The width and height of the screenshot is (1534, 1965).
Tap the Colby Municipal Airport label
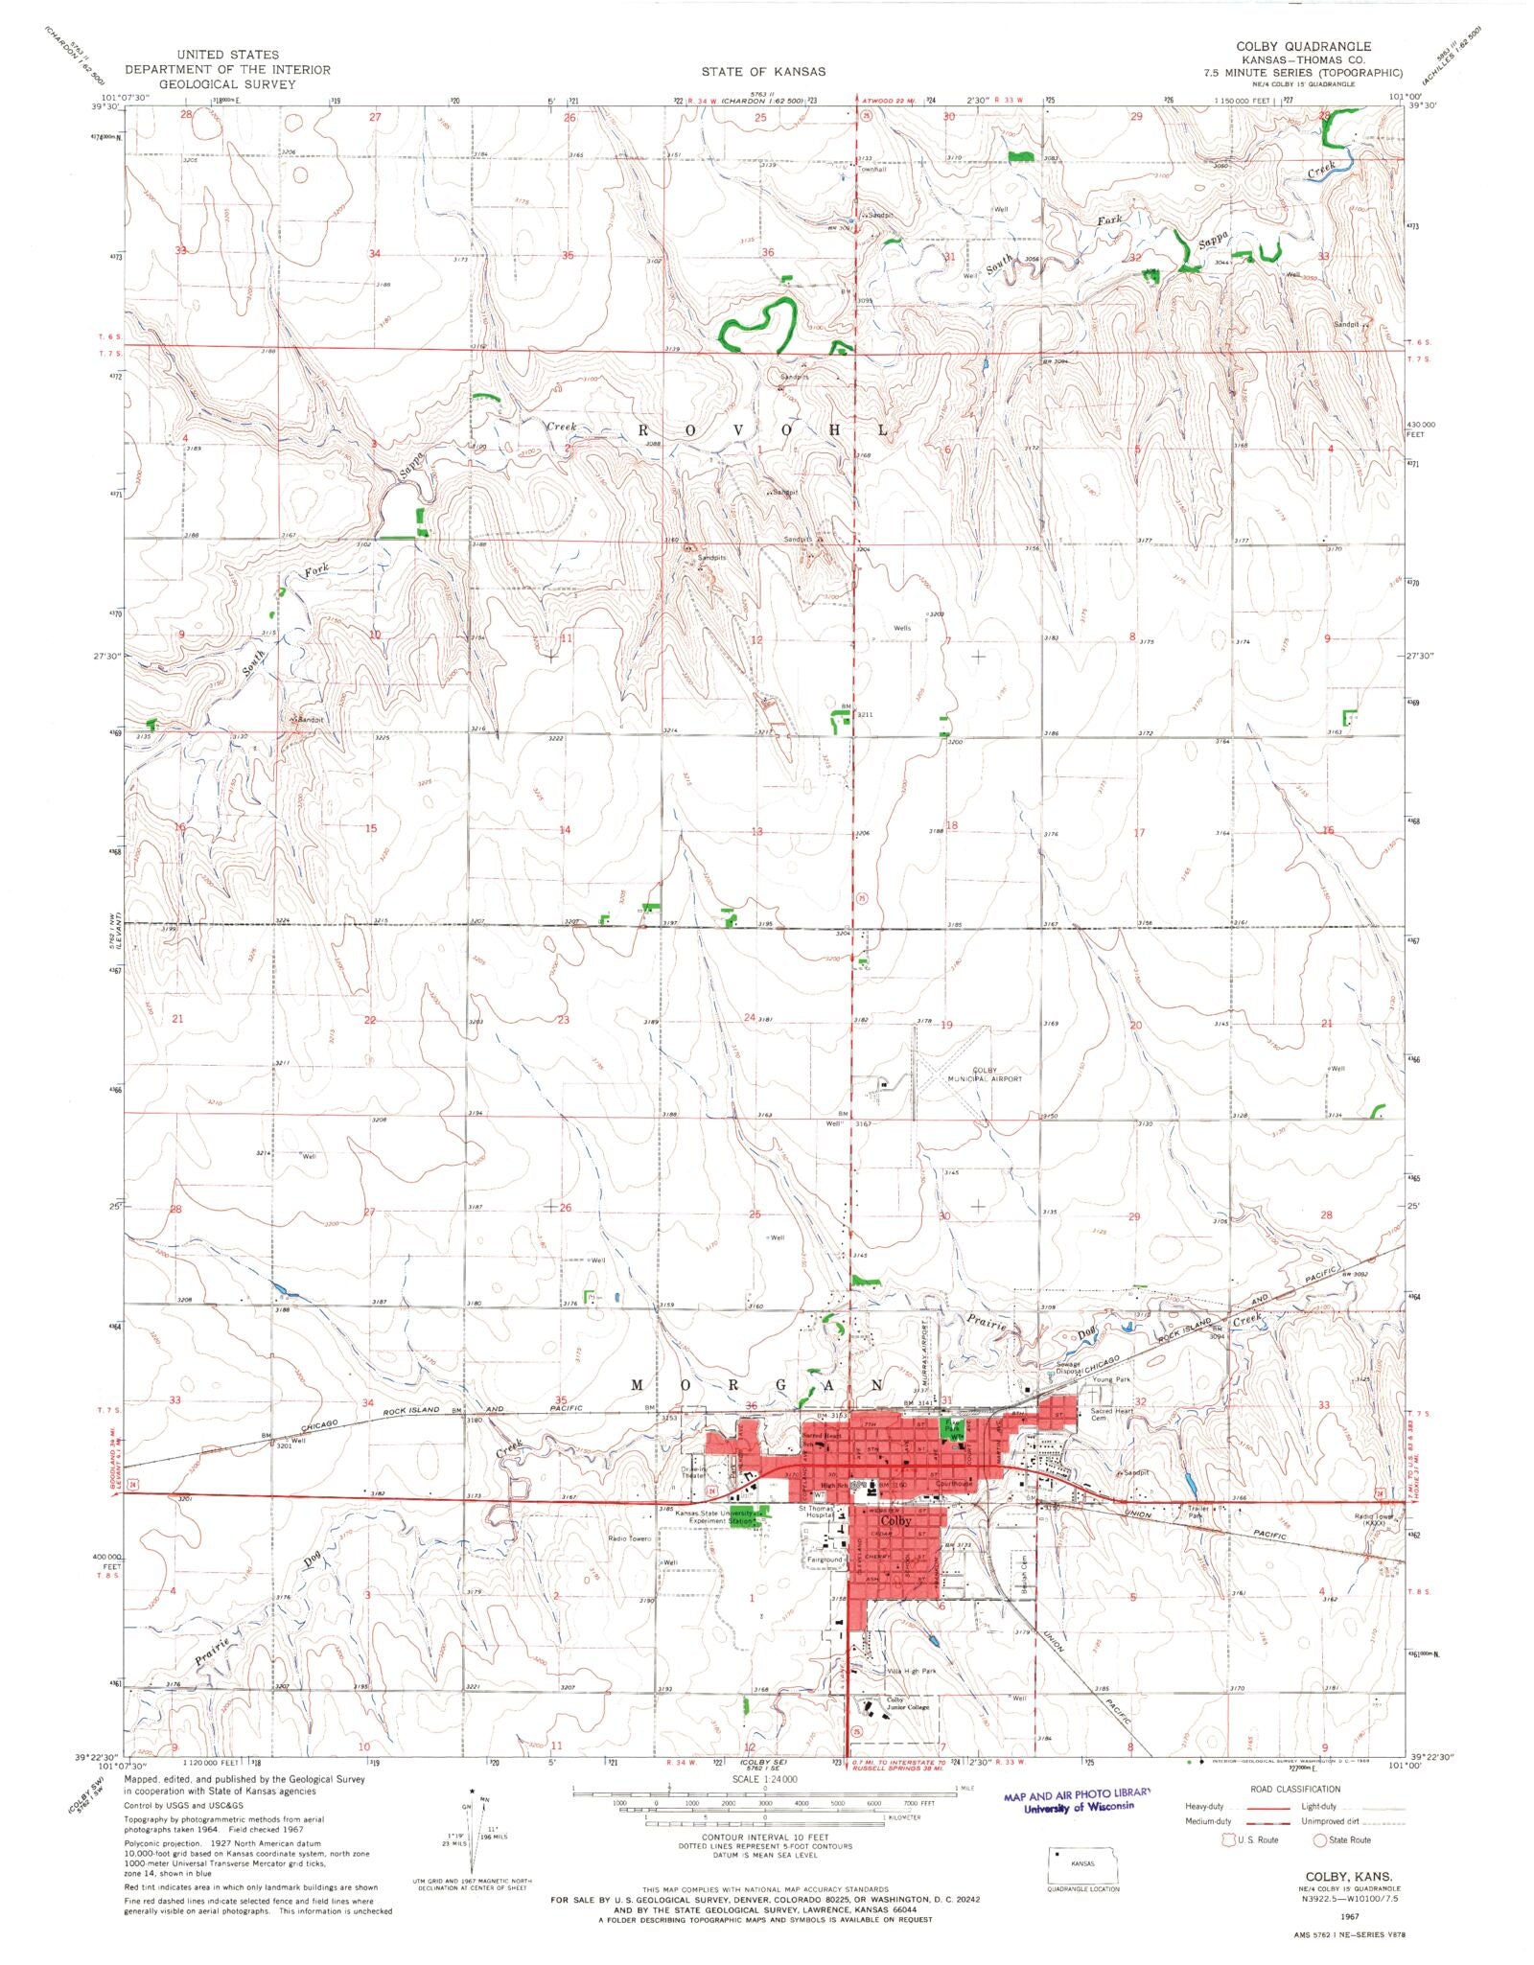click(985, 1074)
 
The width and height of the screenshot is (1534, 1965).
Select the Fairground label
click(825, 1560)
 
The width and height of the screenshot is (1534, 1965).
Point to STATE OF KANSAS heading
click(763, 72)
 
